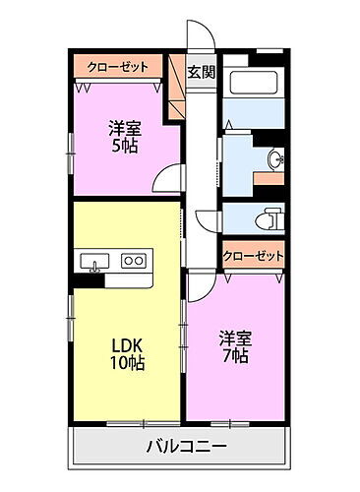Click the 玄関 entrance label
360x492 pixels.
pyautogui.click(x=201, y=72)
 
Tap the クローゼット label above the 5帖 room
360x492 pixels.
pyautogui.click(x=118, y=66)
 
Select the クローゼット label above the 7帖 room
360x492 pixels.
pyautogui.click(x=253, y=255)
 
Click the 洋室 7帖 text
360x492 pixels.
pyautogui.click(x=235, y=347)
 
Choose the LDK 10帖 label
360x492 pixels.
pyautogui.click(x=126, y=355)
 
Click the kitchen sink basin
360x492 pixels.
pyautogui.click(x=93, y=261)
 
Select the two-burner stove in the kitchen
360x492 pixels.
pyautogui.click(x=133, y=261)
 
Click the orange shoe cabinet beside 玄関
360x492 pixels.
pyautogui.click(x=177, y=89)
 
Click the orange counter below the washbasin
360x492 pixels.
pyautogui.click(x=268, y=179)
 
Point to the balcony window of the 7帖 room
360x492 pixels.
pyautogui.click(x=228, y=423)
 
